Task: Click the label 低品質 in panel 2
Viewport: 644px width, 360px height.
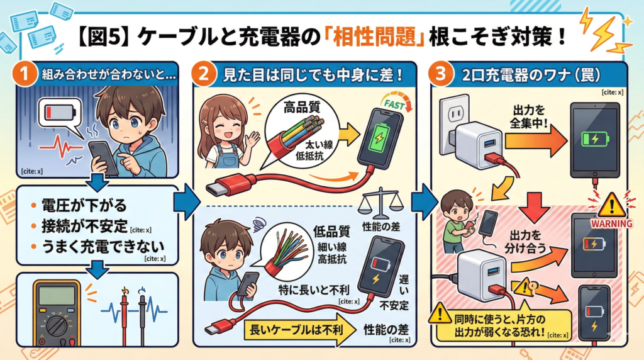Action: [x=326, y=230]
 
